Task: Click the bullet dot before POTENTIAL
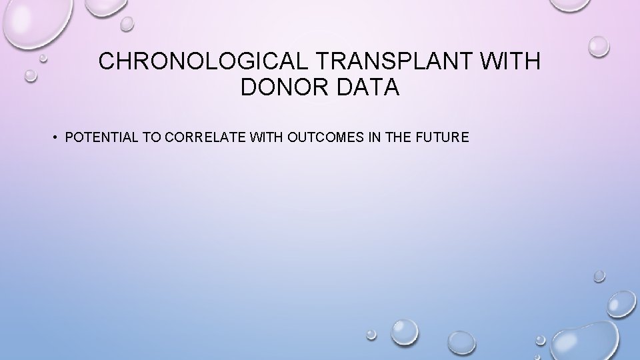(x=58, y=138)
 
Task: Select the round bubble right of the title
(x=599, y=46)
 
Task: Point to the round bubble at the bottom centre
(x=405, y=330)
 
